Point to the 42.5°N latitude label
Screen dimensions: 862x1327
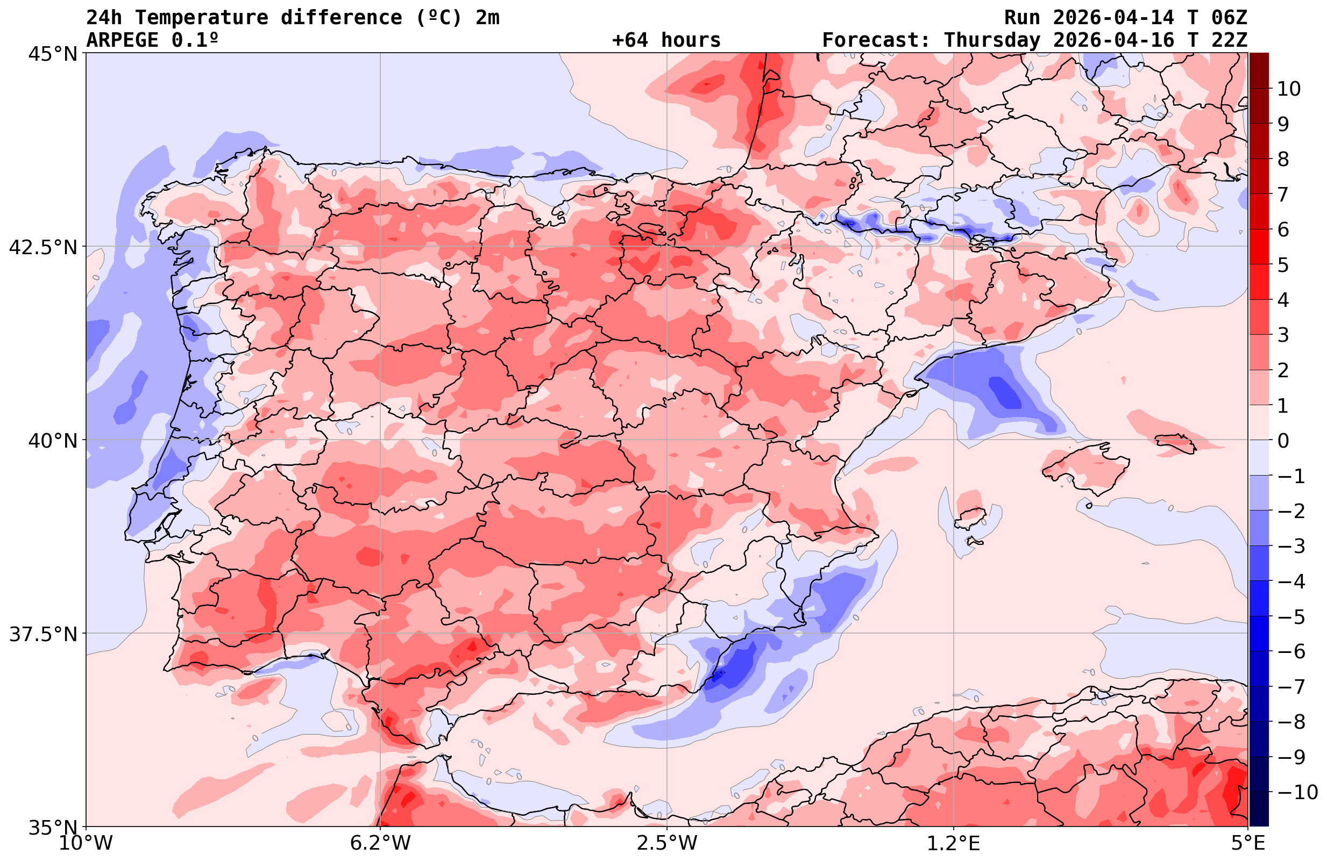click(x=43, y=247)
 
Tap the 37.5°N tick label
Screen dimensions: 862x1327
click(x=43, y=634)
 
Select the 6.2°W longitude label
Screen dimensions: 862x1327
click(x=380, y=843)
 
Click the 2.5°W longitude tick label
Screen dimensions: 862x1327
click(x=667, y=843)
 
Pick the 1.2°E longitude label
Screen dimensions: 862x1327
click(x=954, y=843)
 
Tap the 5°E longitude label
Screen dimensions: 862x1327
click(x=1248, y=843)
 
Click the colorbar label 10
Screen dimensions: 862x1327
click(x=1288, y=89)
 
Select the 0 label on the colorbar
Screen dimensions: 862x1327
click(x=1283, y=441)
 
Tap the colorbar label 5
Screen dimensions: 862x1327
click(x=1283, y=265)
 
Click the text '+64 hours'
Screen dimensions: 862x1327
click(x=666, y=40)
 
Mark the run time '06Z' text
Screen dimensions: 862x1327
click(x=1229, y=18)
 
